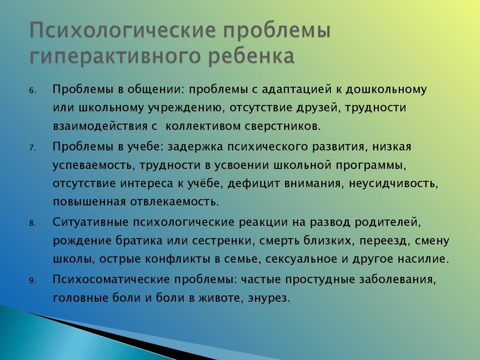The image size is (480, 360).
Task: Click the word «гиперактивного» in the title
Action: (115, 57)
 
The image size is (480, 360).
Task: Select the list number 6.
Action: (32, 91)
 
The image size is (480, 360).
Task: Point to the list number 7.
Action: (32, 148)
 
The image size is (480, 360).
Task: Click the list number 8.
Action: (32, 224)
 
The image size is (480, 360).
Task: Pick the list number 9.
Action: (32, 281)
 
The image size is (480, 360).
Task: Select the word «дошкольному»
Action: (386, 90)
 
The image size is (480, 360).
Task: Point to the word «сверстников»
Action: (283, 127)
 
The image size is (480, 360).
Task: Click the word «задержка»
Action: (195, 147)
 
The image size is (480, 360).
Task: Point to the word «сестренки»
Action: (224, 241)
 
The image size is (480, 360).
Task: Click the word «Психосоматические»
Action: (111, 279)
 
